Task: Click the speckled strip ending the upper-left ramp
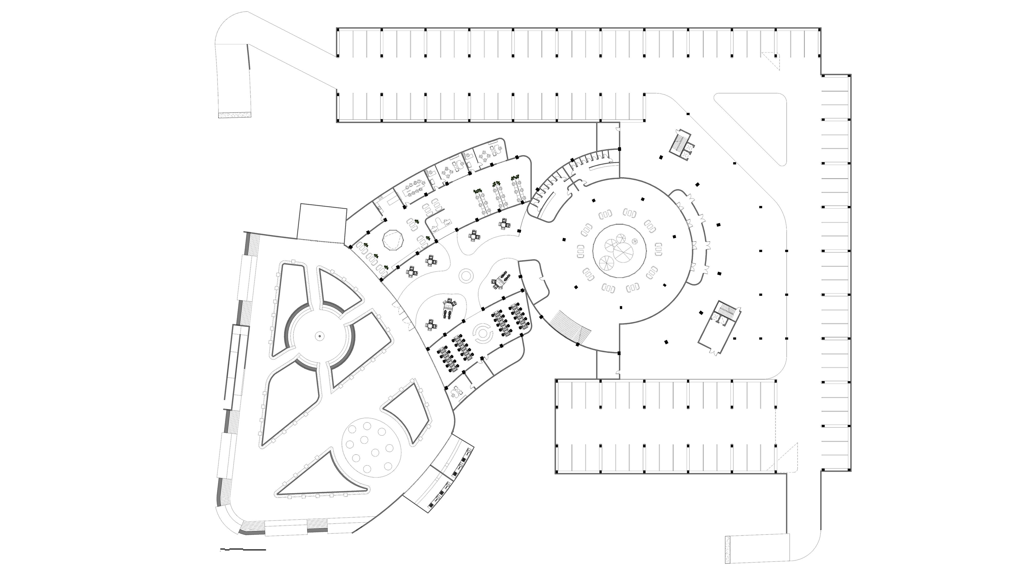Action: [x=235, y=115]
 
